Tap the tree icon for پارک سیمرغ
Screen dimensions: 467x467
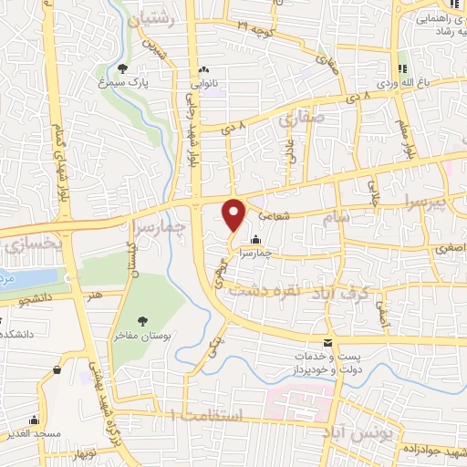(123, 67)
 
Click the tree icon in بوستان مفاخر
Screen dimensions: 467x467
(142, 319)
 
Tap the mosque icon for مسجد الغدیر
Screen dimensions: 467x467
(35, 421)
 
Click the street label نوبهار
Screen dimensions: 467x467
(85, 454)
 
